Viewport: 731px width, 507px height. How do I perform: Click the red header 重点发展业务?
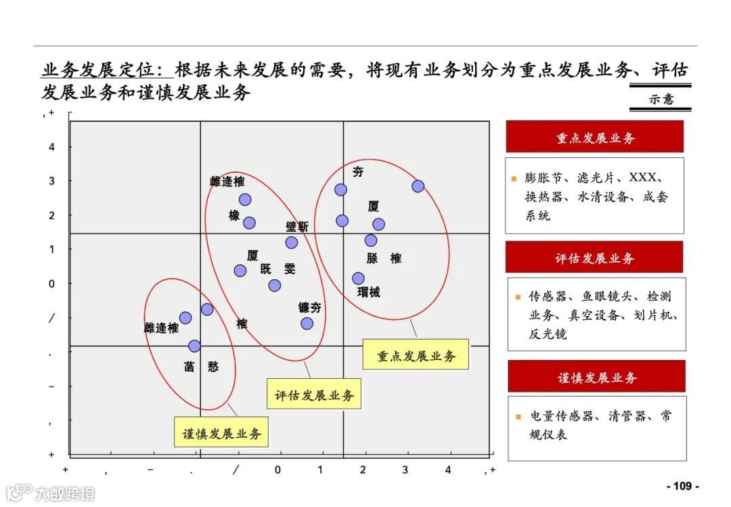tap(595, 138)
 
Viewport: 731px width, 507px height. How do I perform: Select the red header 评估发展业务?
tap(594, 258)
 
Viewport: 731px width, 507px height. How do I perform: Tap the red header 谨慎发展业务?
tap(596, 378)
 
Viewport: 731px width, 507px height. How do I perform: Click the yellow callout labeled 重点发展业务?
tap(416, 355)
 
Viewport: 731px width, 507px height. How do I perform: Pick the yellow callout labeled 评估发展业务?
tap(314, 394)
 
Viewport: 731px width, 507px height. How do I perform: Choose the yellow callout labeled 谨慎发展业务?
tap(221, 433)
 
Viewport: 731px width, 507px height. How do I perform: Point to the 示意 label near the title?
tap(661, 99)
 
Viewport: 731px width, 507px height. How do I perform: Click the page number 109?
tap(682, 486)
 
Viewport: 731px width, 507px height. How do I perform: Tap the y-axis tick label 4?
tap(51, 147)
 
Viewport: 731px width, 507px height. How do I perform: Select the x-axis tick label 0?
tap(278, 470)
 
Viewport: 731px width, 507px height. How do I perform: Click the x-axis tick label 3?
tap(405, 470)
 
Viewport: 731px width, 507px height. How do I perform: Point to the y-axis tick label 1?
tap(51, 249)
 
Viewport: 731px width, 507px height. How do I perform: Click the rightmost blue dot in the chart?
tap(418, 186)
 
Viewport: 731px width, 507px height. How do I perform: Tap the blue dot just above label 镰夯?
tap(307, 323)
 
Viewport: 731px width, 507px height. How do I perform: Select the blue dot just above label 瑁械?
tap(358, 279)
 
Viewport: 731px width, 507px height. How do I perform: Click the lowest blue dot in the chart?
tap(194, 346)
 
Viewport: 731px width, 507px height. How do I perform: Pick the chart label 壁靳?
tap(296, 227)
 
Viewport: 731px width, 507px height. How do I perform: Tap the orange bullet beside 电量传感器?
tap(518, 417)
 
